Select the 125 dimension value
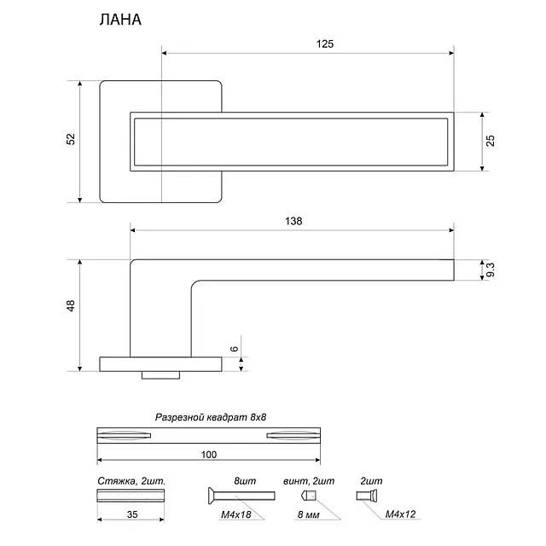pyautogui.click(x=324, y=44)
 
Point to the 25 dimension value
pyautogui.click(x=491, y=141)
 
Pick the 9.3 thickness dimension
pyautogui.click(x=491, y=270)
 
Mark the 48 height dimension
pyautogui.click(x=71, y=305)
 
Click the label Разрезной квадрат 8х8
pyautogui.click(x=211, y=418)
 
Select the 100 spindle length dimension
pyautogui.click(x=209, y=454)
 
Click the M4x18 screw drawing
pyautogui.click(x=241, y=495)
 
